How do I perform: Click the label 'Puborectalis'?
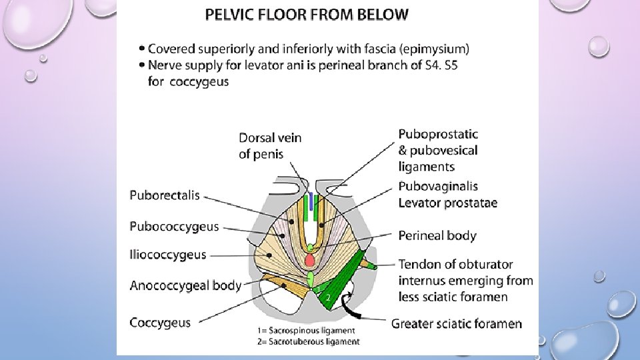pos(164,195)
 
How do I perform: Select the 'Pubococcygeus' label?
pos(174,227)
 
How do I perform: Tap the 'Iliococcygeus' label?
pos(167,255)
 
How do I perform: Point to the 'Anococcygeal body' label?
pos(185,285)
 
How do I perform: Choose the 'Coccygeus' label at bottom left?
pos(160,323)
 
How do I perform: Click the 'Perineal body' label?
pos(437,235)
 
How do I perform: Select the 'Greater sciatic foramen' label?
pos(457,324)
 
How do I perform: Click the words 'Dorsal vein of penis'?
pos(270,146)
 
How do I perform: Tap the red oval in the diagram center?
pos(310,259)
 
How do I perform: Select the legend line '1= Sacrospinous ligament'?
pos(306,331)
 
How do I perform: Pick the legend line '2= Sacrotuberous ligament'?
pos(308,341)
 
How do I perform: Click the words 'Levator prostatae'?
pos(447,203)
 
